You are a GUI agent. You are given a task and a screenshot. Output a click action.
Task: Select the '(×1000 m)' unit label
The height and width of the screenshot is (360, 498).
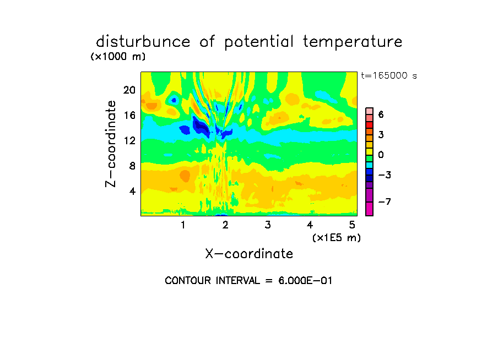coord(117,57)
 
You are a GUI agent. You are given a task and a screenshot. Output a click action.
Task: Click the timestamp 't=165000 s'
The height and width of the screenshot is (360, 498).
coord(388,76)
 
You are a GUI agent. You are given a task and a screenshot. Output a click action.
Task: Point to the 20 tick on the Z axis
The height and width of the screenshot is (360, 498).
coord(129,90)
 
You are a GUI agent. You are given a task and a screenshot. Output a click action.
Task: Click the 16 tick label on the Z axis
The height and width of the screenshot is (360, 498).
coord(129,116)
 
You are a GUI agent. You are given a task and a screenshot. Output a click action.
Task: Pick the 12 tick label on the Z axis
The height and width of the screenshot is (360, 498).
coord(129,141)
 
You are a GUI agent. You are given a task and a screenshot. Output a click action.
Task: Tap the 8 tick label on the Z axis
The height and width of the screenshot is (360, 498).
coord(132,166)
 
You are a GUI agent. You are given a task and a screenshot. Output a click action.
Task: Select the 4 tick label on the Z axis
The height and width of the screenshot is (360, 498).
coord(132,191)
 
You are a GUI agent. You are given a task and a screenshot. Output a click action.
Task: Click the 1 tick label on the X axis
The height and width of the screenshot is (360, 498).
coord(183,225)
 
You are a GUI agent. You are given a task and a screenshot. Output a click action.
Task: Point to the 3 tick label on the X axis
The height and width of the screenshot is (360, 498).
coord(267,225)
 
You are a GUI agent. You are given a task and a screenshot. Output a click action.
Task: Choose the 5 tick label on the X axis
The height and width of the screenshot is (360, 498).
coord(352,225)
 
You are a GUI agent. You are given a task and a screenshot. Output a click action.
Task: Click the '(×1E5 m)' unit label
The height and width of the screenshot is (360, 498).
coord(336,238)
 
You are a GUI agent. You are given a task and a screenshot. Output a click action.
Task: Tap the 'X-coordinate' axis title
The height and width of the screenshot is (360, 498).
coord(249,254)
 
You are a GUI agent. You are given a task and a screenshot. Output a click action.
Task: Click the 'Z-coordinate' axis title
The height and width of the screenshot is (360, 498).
coord(111,144)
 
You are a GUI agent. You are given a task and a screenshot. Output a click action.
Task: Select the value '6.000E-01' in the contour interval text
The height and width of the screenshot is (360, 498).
coord(305,281)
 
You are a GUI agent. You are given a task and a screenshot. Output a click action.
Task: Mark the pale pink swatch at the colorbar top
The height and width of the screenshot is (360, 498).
coord(369,111)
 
